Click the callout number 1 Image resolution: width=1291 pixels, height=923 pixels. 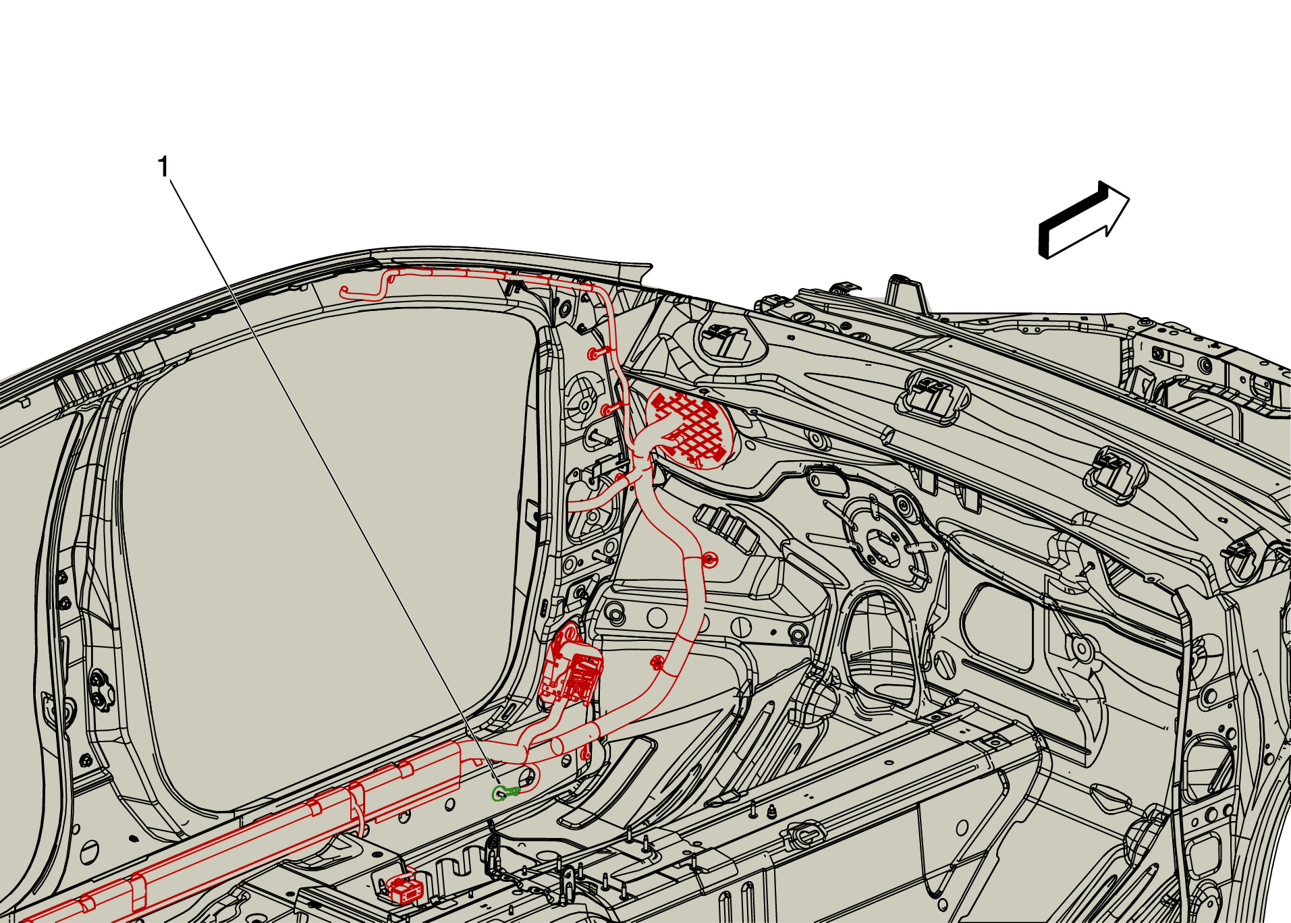click(x=163, y=167)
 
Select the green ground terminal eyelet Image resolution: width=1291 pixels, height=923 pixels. click(x=502, y=793)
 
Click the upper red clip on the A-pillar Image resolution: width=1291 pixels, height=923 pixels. click(x=598, y=352)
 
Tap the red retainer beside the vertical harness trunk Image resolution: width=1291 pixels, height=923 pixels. click(x=709, y=559)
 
